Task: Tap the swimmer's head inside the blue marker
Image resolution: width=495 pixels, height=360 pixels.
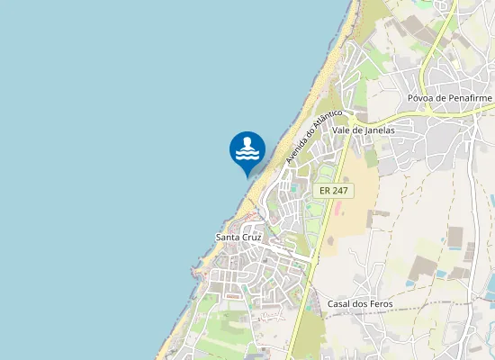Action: pyautogui.click(x=247, y=142)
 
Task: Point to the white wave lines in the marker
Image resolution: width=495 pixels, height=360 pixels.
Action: pyautogui.click(x=247, y=155)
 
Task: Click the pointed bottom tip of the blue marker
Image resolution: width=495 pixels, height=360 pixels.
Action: pyautogui.click(x=247, y=175)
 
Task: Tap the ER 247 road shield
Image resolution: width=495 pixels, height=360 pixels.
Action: pyautogui.click(x=334, y=191)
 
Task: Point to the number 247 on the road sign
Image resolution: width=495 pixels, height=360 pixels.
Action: pyautogui.click(x=339, y=191)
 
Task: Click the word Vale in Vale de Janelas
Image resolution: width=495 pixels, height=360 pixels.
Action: pyautogui.click(x=342, y=130)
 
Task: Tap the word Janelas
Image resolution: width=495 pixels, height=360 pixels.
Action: pyautogui.click(x=380, y=130)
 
